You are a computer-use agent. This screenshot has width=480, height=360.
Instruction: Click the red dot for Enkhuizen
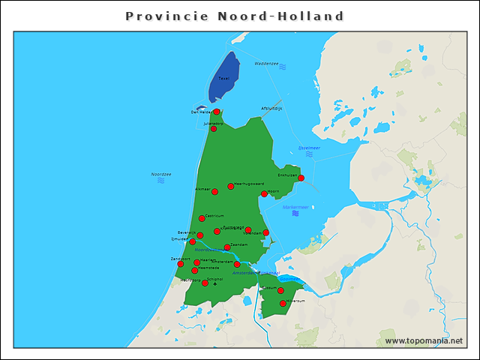point(301,178)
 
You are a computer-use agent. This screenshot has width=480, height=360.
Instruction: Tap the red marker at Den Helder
point(216,112)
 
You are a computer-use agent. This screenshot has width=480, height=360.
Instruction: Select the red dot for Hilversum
point(283,304)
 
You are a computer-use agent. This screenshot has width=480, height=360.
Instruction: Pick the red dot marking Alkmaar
point(214,192)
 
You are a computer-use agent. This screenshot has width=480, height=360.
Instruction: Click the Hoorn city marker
point(263,194)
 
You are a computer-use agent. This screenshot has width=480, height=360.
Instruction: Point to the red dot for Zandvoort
point(180,264)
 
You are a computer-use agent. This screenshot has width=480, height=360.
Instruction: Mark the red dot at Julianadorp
point(213,129)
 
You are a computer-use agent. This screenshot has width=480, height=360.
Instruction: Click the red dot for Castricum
point(202,218)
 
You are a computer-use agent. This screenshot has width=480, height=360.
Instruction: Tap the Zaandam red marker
point(227,247)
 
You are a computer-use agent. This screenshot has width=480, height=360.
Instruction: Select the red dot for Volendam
point(265,232)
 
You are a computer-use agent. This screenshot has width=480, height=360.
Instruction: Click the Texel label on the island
point(223,78)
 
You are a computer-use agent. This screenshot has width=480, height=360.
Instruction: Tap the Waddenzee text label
point(266,64)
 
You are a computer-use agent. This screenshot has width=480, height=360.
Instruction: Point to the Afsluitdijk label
point(271,108)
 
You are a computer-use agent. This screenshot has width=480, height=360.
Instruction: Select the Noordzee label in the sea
point(161,174)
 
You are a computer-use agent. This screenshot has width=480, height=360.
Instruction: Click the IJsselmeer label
point(309,148)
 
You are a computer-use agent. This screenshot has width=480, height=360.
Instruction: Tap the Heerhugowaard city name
point(248,183)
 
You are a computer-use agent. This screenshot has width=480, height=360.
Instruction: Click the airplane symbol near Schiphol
point(215,284)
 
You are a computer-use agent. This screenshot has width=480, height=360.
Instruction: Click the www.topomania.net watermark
point(424,340)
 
